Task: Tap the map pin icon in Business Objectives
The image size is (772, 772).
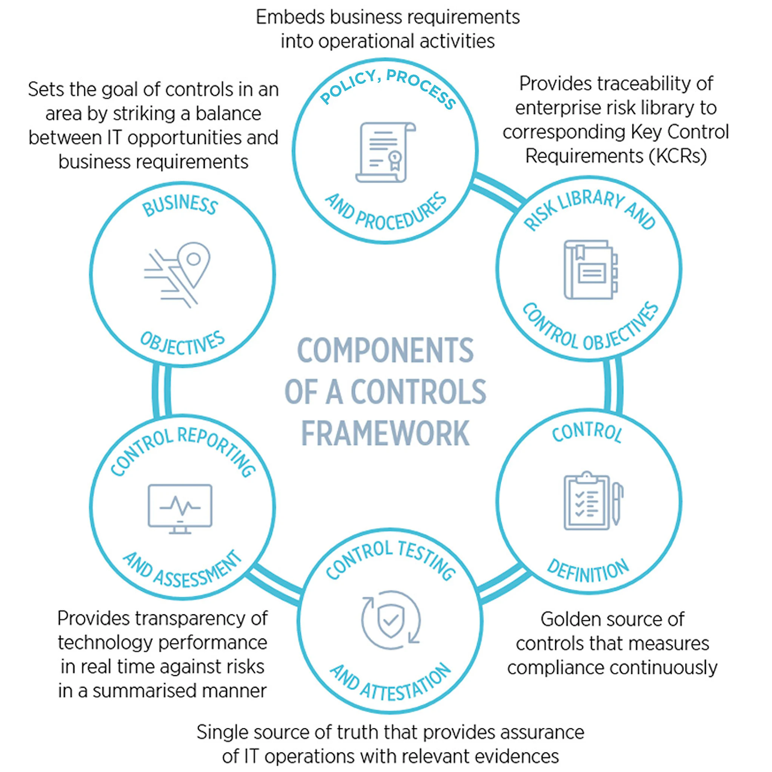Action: [x=194, y=264]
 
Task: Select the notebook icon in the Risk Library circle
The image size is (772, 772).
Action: [x=590, y=270]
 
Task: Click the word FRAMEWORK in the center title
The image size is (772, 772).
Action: [x=385, y=434]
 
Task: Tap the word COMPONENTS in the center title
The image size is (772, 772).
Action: [x=385, y=351]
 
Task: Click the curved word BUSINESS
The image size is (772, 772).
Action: [x=180, y=205]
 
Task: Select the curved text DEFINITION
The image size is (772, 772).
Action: [x=588, y=571]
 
